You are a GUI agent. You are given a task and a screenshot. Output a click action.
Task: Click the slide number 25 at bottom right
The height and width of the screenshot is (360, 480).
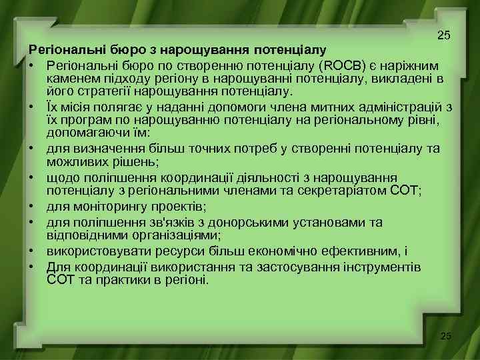point(445,336)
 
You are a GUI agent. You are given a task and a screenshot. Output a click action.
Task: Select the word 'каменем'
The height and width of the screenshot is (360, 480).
point(71,79)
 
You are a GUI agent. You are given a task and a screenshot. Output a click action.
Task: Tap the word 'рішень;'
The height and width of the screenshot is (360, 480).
point(147,161)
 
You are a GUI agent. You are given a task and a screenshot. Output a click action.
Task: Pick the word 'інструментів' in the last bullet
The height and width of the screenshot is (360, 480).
point(377,267)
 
